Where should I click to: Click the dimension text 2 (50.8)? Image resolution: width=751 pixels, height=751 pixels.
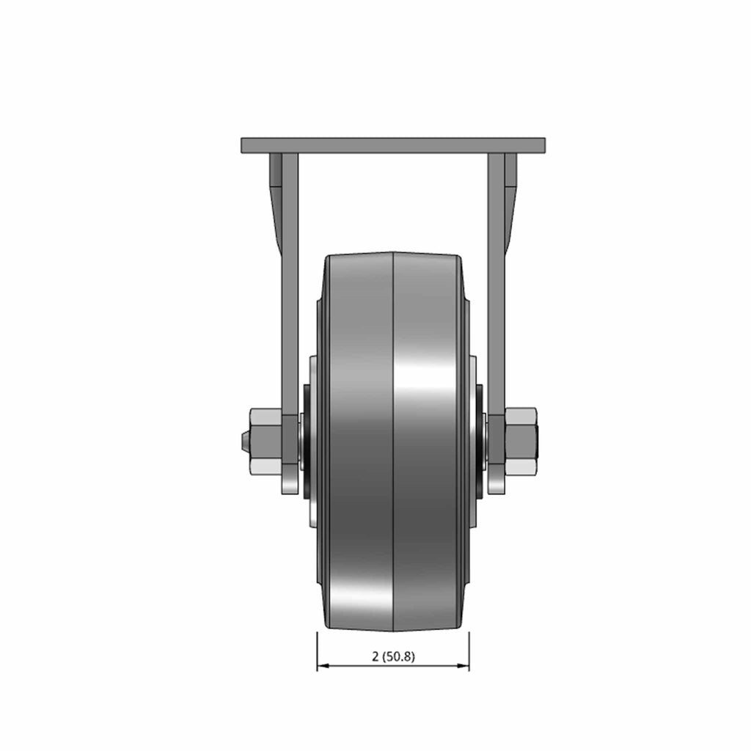(393, 656)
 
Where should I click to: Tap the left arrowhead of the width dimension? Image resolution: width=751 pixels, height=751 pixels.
(323, 666)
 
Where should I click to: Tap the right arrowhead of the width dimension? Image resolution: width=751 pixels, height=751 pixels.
(464, 666)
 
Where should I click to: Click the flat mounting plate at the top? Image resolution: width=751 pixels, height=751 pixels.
(393, 146)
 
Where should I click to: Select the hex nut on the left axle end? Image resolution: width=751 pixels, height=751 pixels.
(265, 441)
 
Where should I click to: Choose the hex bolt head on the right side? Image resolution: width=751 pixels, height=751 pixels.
(521, 441)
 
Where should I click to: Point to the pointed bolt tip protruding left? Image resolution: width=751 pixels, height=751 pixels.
(245, 441)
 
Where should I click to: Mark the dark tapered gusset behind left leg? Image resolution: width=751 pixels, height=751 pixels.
(276, 201)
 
